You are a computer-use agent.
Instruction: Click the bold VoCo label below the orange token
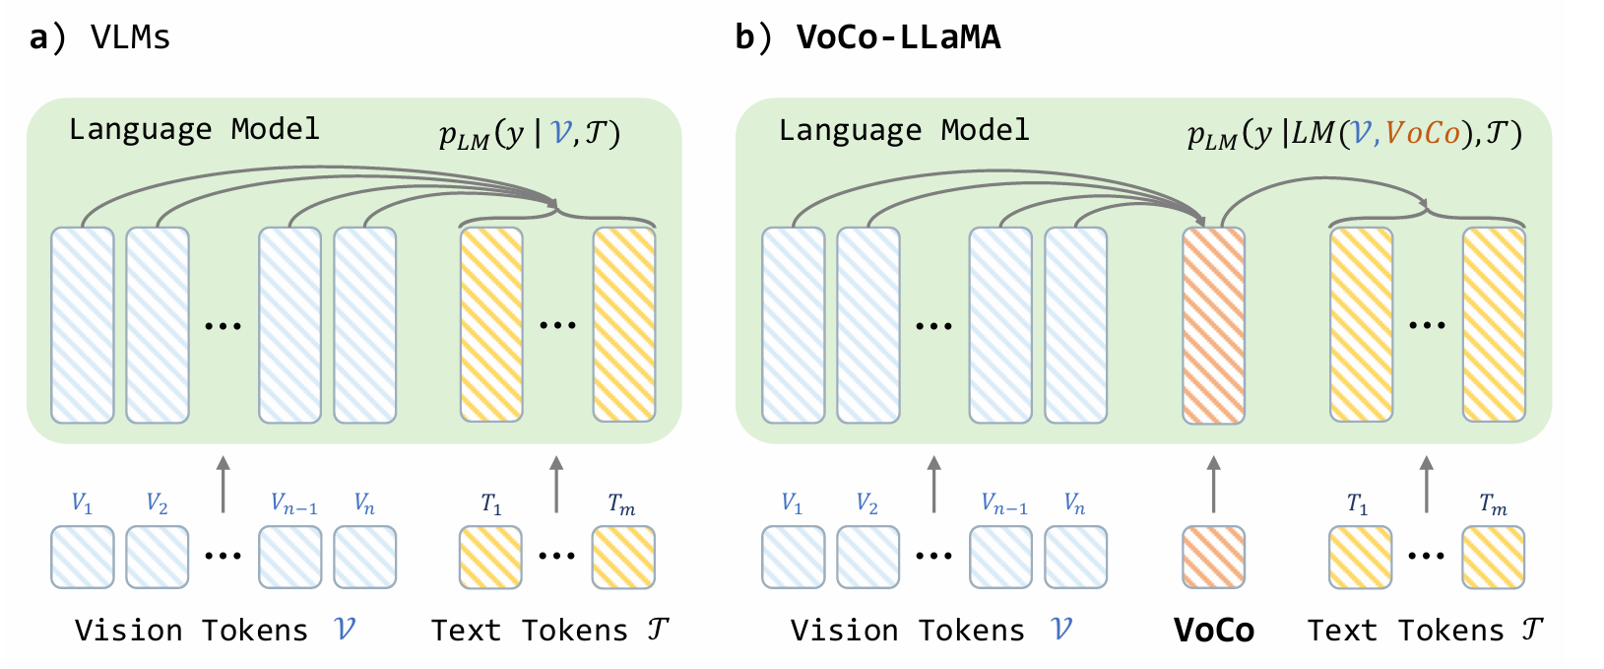coord(1213,631)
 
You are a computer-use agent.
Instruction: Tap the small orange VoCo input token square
coord(1213,558)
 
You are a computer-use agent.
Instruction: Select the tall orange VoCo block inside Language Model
coord(1213,325)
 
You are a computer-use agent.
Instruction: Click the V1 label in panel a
coord(82,503)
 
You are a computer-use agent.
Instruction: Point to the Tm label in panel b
coord(1493,505)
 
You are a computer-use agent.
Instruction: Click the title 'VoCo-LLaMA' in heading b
coord(898,37)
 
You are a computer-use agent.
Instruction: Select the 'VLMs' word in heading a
coord(130,37)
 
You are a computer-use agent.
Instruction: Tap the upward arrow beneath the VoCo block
coord(1213,484)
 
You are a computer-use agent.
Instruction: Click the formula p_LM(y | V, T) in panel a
coord(530,133)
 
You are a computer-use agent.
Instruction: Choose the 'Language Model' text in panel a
coord(194,129)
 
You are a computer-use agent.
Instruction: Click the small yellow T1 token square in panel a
coord(490,558)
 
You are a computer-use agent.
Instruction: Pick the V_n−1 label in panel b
coord(1003,504)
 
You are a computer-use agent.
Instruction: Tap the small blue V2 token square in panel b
coord(867,558)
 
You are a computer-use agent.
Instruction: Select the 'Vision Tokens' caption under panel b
coord(907,631)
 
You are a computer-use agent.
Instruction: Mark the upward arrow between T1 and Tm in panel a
coord(556,484)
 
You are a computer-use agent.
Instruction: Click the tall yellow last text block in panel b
coord(1493,325)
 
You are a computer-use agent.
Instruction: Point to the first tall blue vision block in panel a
coord(83,325)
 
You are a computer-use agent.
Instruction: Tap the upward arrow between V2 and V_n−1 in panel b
coord(933,484)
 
